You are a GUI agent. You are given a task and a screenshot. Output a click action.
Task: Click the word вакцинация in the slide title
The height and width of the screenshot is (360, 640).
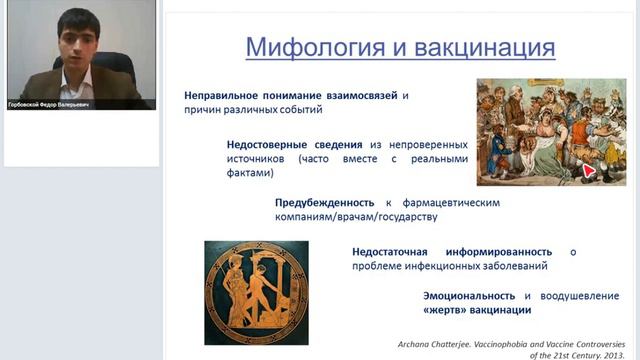coord(479,46)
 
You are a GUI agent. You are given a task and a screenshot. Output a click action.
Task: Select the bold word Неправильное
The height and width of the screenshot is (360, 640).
coord(230,96)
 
